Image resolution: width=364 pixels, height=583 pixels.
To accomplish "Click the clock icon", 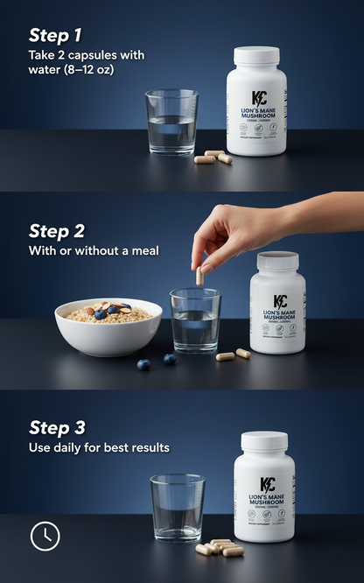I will (45, 536).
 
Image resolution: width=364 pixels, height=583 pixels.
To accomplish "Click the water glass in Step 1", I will (171, 122).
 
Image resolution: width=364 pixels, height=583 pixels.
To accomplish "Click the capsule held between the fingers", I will (199, 275).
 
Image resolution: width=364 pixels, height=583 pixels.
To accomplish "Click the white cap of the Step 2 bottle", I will (277, 261).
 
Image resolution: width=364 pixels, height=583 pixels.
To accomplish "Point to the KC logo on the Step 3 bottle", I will (265, 485).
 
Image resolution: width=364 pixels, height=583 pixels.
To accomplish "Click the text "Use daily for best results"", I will (99, 448).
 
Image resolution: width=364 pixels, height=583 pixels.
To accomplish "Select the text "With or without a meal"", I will (94, 252).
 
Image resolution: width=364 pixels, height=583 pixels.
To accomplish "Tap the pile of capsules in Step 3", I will (220, 547).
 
